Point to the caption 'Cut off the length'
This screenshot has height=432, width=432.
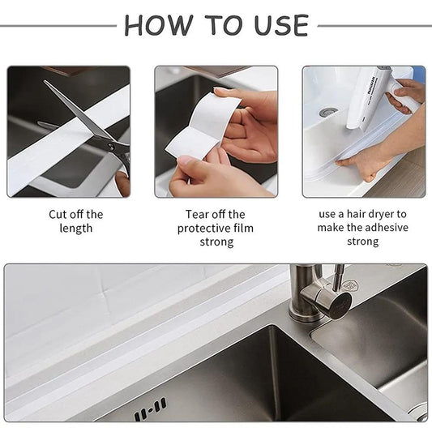[x=75, y=221]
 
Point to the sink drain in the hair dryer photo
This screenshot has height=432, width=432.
[x=327, y=112]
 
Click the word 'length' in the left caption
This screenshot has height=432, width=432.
[x=75, y=229]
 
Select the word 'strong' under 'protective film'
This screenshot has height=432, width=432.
[x=216, y=242]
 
